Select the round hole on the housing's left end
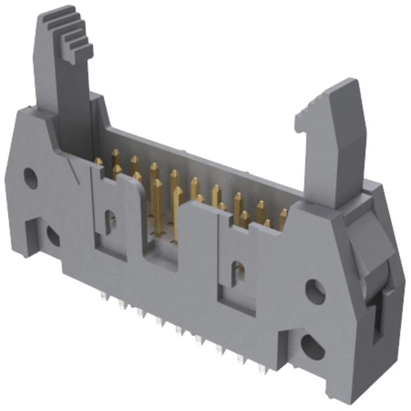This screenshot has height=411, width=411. [x=30, y=178]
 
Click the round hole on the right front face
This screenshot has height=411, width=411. [x=315, y=291]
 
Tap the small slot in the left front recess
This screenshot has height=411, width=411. [x=110, y=222]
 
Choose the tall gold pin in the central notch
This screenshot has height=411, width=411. [x=178, y=214]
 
